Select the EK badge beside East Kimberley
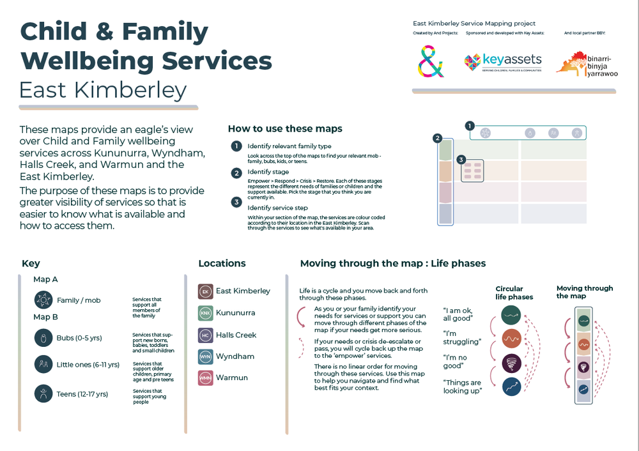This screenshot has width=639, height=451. tap(206, 291)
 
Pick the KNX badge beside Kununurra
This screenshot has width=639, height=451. tap(206, 313)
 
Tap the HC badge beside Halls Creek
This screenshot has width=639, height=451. tap(206, 335)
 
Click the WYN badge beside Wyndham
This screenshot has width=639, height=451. tap(206, 356)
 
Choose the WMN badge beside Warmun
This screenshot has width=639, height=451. tap(206, 378)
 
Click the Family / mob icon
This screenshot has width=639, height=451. tap(43, 300)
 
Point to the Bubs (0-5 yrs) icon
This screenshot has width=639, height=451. tap(43, 337)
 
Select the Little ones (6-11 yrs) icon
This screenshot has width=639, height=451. tap(43, 364)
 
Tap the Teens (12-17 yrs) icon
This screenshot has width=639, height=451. tap(43, 394)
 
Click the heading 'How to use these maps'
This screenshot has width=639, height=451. tap(285, 128)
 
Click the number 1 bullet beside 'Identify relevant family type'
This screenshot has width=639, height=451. tap(236, 146)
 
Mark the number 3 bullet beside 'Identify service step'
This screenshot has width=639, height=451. tap(236, 203)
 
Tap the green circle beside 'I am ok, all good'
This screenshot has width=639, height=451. tap(511, 314)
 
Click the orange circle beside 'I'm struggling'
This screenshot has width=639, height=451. tap(511, 339)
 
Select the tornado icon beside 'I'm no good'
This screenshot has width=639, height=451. tap(511, 363)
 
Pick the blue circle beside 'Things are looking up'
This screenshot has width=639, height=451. tap(511, 386)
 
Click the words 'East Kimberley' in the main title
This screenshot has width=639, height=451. tap(103, 90)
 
